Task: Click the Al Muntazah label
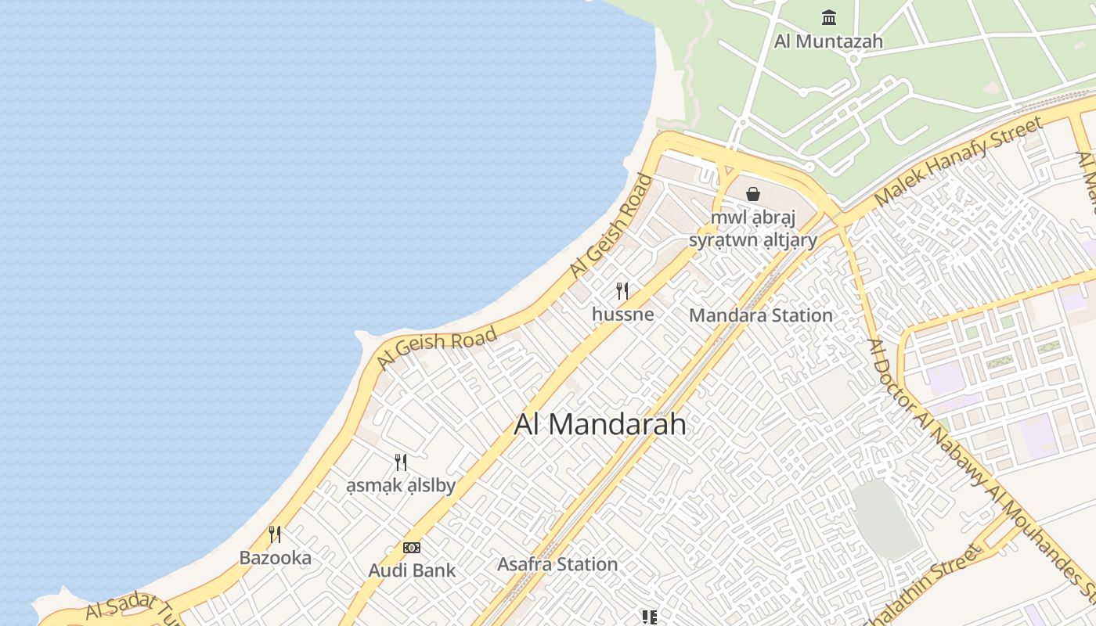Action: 828,41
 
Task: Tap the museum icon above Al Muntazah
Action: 829,17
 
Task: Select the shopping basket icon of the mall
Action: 753,194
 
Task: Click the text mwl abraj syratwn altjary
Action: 753,228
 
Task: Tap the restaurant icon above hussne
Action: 622,291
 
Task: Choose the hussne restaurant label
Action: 622,315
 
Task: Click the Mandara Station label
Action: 760,315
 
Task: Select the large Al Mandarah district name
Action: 600,424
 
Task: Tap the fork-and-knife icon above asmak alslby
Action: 401,462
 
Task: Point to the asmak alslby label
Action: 401,486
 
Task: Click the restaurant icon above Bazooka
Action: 275,534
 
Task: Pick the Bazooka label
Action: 275,558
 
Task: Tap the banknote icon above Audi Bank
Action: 412,548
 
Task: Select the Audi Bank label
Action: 412,570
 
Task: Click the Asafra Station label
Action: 557,564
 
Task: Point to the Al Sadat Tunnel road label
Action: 129,607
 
